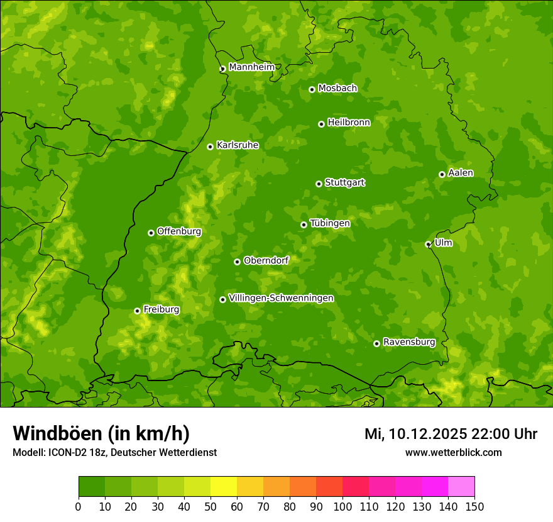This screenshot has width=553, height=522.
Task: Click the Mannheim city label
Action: click(251, 67)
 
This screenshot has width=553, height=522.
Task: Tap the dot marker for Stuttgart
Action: click(319, 184)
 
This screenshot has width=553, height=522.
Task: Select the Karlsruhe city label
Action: click(237, 145)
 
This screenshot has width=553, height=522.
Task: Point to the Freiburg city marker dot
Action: click(137, 311)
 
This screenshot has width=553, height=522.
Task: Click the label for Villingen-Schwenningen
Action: click(281, 298)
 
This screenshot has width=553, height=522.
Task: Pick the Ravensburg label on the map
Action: click(408, 342)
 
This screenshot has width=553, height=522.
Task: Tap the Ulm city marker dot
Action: click(428, 244)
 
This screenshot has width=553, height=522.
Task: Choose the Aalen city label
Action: click(461, 173)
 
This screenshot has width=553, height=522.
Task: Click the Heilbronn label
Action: click(349, 123)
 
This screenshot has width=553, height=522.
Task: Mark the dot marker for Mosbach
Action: click(312, 89)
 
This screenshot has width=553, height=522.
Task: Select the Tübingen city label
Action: click(330, 223)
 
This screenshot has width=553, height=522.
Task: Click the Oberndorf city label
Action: click(266, 260)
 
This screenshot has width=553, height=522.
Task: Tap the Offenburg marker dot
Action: click(151, 233)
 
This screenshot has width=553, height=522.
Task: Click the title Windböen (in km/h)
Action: click(101, 433)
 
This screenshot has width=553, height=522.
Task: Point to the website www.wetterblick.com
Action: click(453, 452)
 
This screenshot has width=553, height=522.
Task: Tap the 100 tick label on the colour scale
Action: click(342, 506)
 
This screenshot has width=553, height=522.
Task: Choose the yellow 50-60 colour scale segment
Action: click(224, 487)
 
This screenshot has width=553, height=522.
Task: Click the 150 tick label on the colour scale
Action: click(474, 506)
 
